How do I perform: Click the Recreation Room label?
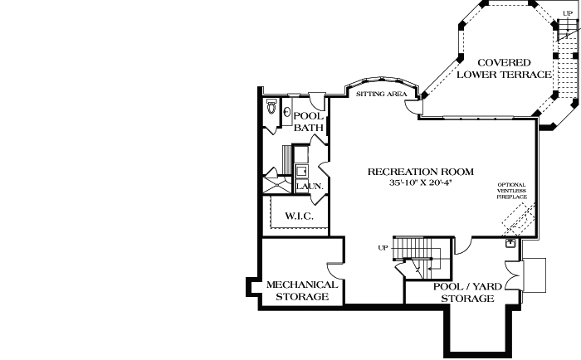(421, 172)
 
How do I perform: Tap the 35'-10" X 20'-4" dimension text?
(421, 182)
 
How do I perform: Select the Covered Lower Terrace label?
(504, 69)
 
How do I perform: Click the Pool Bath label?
(309, 121)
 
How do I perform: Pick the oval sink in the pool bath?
(287, 113)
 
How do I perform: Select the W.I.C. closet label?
(296, 216)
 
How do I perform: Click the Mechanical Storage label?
(302, 290)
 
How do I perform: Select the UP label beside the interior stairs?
(383, 248)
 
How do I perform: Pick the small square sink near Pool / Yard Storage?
(511, 244)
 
